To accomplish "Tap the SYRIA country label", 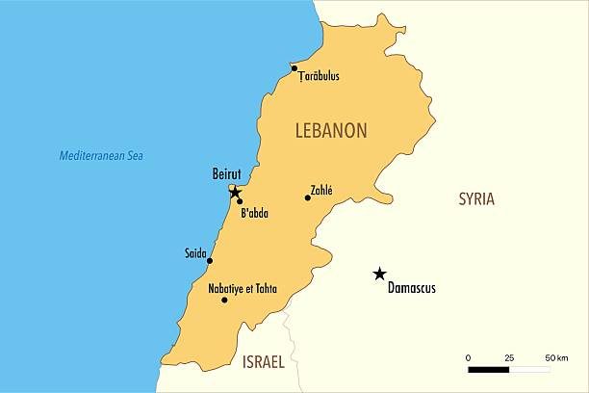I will [x=476, y=199].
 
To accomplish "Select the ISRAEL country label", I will [x=263, y=363].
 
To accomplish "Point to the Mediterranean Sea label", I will [x=108, y=155].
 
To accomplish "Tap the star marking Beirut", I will [x=235, y=193].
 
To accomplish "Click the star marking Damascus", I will [x=380, y=274].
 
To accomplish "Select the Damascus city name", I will [x=411, y=287].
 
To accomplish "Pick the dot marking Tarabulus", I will [x=294, y=68].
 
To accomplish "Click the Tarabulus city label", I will [x=320, y=76].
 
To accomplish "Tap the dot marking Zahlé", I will [x=308, y=197].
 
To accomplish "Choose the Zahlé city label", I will [x=321, y=190].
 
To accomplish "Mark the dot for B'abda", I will [x=240, y=201].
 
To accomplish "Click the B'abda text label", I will [x=254, y=213].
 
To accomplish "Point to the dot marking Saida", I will [x=210, y=261].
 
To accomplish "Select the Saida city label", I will [x=195, y=253].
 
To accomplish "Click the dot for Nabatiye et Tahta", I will [x=225, y=300].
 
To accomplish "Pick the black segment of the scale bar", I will [x=489, y=369].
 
